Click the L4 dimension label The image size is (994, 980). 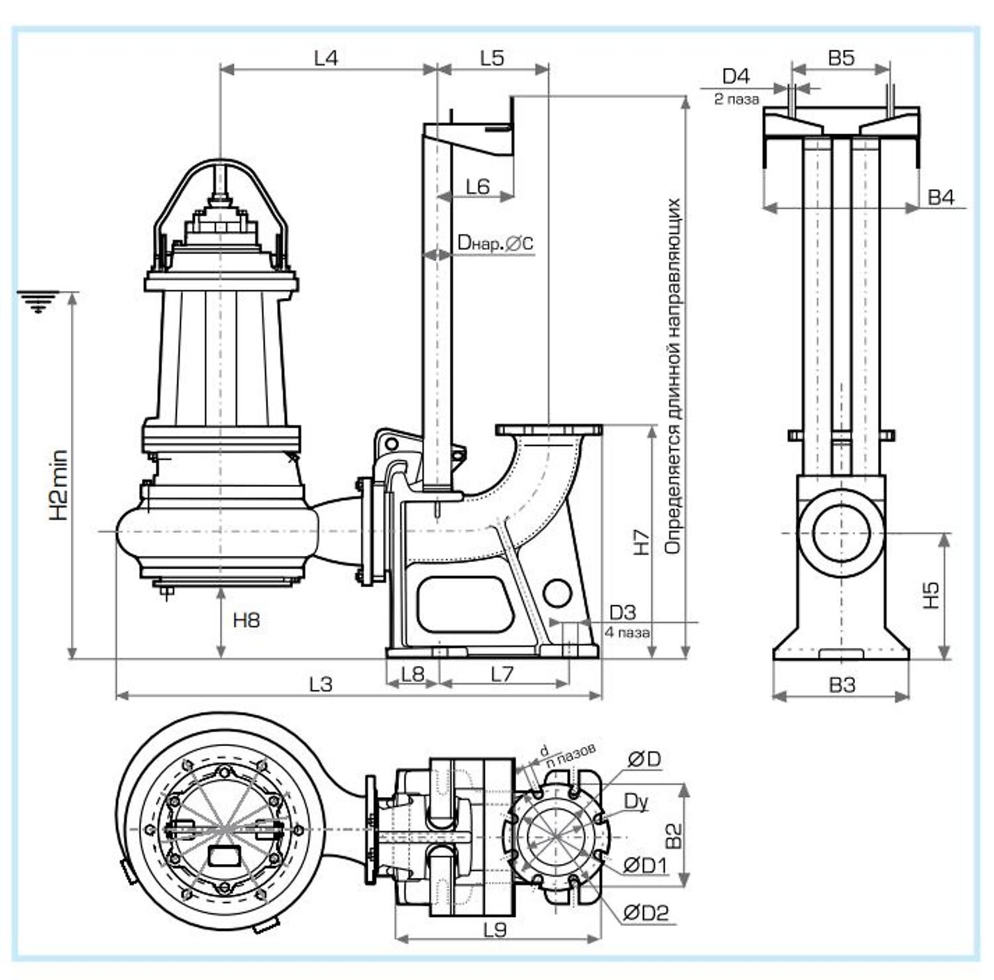[x=325, y=58]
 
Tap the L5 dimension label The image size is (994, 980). [x=492, y=58]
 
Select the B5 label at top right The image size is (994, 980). [x=841, y=58]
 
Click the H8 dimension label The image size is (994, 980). [x=247, y=620]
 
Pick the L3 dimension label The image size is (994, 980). [x=321, y=684]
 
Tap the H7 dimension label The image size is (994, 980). [x=641, y=541]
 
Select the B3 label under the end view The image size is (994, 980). [x=842, y=684]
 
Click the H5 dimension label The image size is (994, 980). [x=931, y=594]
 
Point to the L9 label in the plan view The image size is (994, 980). [x=495, y=930]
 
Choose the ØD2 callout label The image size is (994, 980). [x=646, y=913]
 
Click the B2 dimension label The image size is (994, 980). [x=673, y=836]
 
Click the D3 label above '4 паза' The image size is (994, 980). [x=622, y=612]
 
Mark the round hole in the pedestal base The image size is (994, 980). [x=557, y=593]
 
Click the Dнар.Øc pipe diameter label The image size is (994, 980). [x=494, y=243]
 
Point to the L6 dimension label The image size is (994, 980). [x=477, y=187]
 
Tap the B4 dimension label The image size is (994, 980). [x=940, y=197]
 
